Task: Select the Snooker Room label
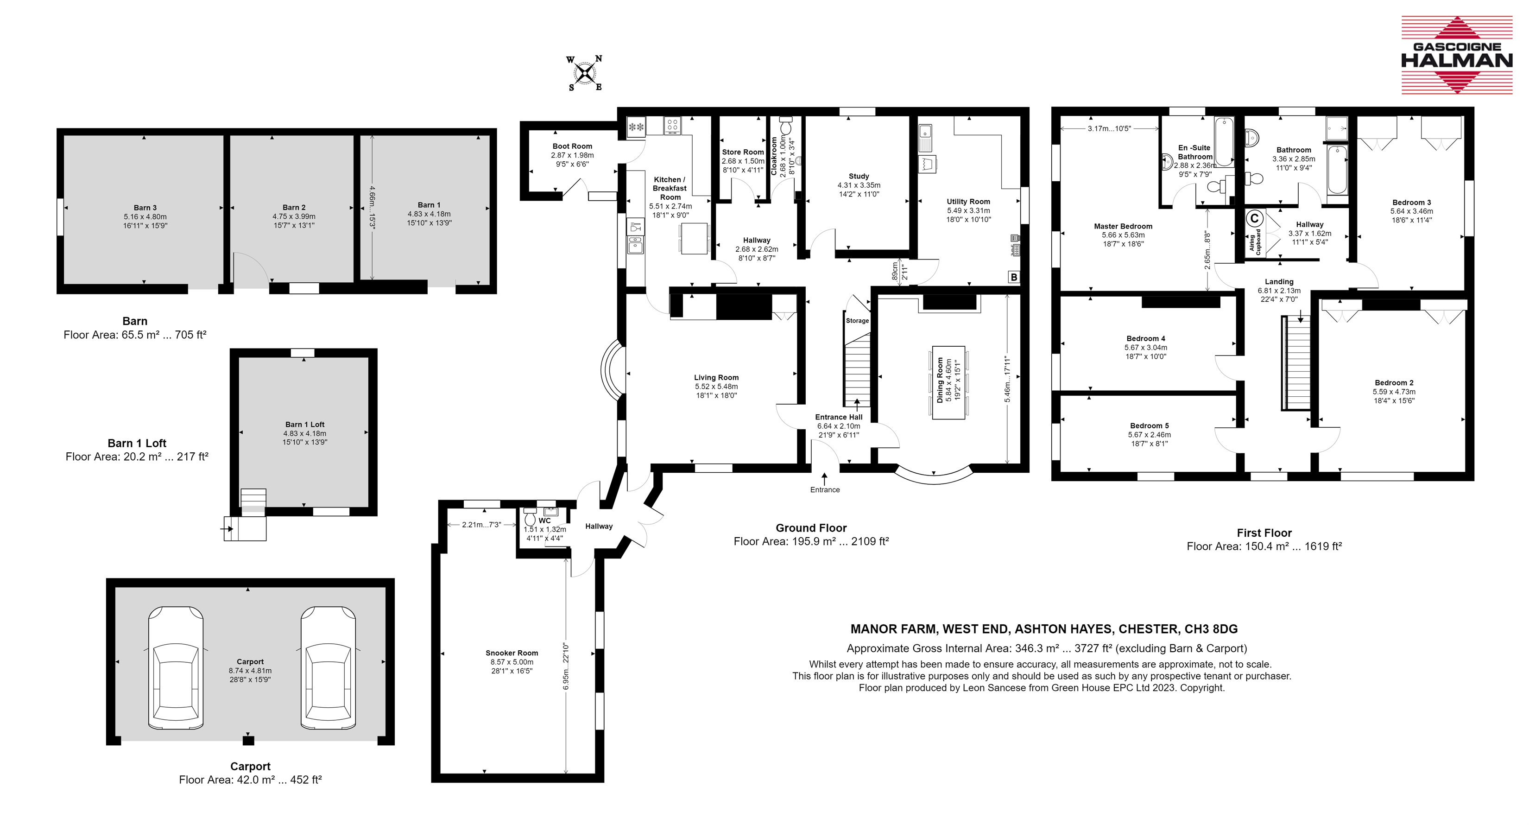click(512, 653)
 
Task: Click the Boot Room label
click(572, 146)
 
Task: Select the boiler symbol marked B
click(1014, 277)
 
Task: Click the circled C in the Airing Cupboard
click(1254, 219)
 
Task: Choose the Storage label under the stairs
click(857, 321)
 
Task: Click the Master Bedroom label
click(1123, 226)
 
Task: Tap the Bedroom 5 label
click(1150, 426)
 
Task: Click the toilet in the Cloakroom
click(786, 128)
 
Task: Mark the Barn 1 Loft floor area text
click(137, 457)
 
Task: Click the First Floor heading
click(1264, 533)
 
